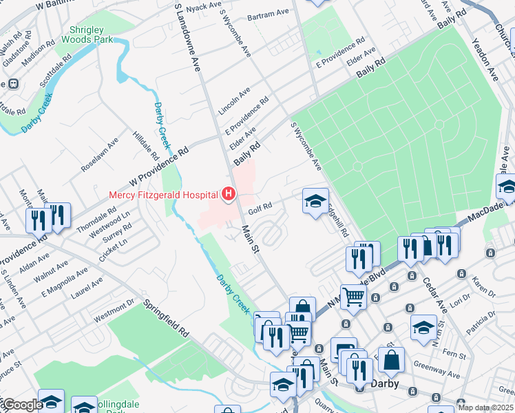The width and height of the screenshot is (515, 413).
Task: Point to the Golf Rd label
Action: click(x=260, y=205)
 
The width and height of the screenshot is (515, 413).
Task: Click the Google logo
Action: click(x=22, y=405)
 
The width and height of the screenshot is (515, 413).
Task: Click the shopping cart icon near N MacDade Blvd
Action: click(x=354, y=298)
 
